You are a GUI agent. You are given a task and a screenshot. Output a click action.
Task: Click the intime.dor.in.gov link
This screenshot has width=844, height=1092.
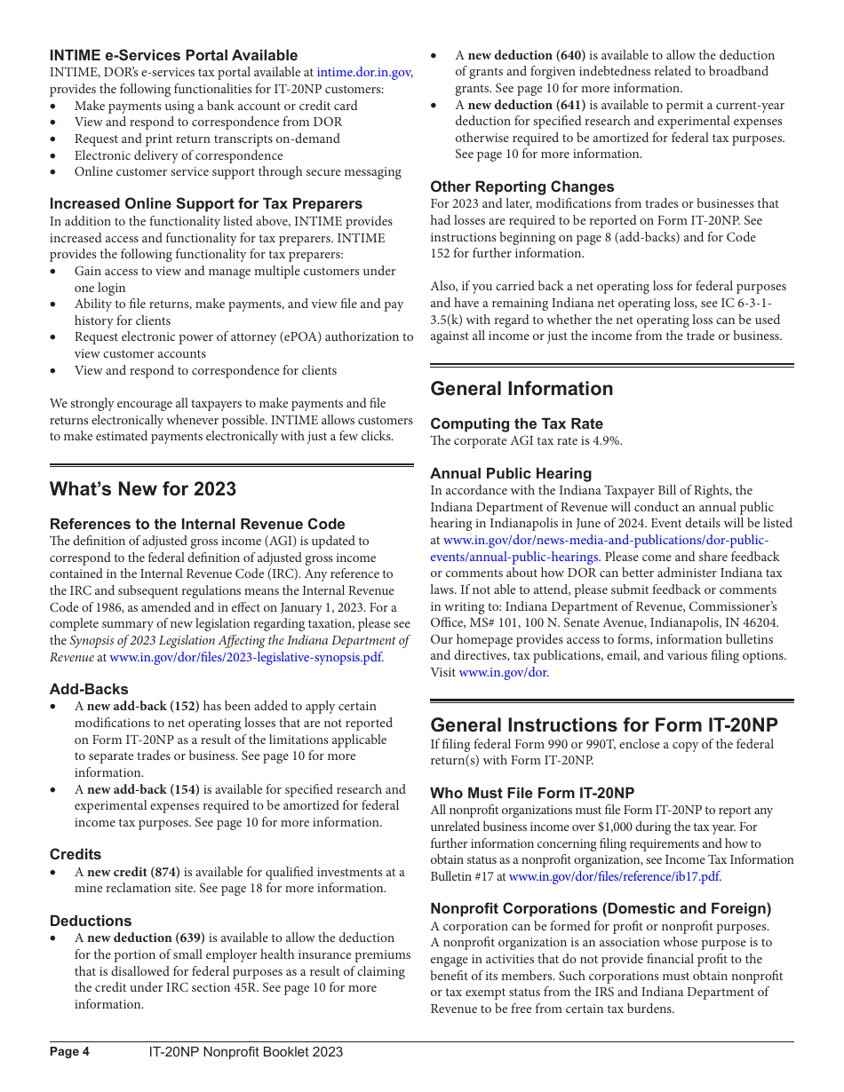363,73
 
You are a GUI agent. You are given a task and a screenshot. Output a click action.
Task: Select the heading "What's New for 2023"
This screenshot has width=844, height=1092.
143,489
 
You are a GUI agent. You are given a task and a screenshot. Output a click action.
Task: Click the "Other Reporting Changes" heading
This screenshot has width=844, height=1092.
522,187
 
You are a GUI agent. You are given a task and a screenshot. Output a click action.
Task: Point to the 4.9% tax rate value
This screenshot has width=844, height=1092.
607,441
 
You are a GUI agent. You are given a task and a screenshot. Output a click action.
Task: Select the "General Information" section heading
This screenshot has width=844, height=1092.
522,389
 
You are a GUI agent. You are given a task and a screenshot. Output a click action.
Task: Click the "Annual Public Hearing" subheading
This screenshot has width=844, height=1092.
511,474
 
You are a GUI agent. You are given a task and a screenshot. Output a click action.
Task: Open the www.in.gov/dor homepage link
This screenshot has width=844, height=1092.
503,673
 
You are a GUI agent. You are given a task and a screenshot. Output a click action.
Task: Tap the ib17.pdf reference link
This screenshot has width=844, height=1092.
614,876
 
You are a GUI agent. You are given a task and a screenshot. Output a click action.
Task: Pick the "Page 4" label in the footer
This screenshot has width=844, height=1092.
69,1052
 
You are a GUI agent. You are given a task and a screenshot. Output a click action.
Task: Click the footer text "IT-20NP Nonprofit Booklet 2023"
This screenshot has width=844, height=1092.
245,1052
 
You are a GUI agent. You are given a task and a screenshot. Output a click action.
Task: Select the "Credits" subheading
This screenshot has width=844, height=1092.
76,855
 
